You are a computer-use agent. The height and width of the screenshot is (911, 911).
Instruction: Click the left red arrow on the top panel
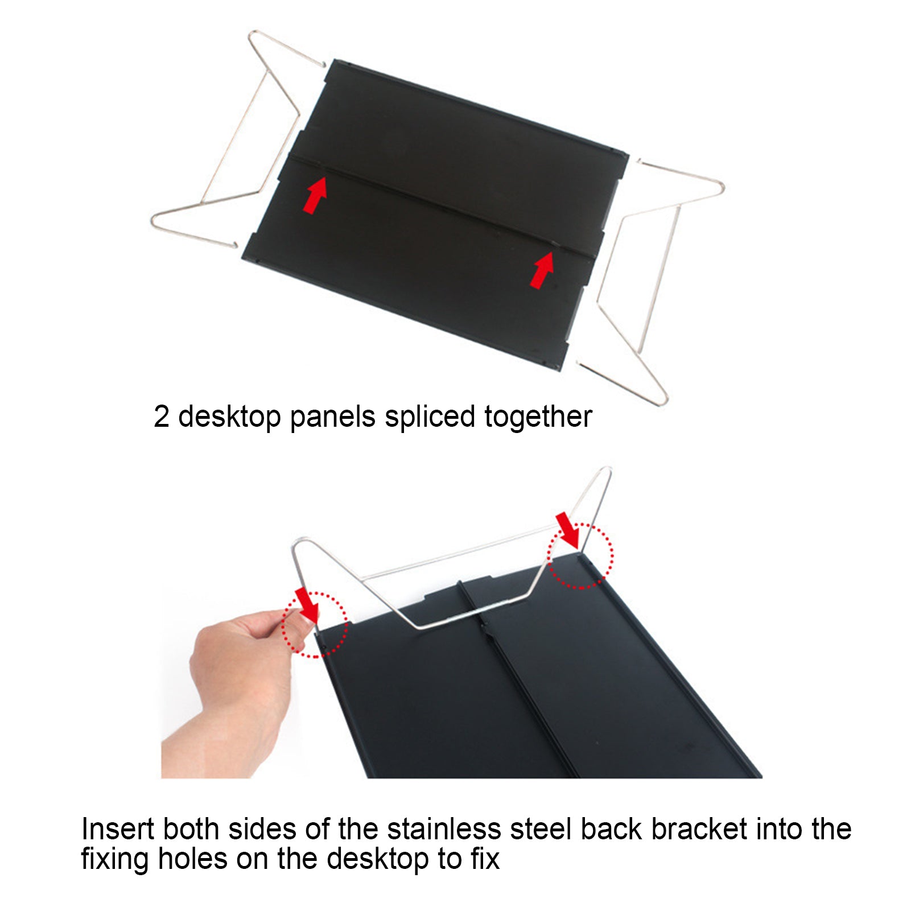point(315,195)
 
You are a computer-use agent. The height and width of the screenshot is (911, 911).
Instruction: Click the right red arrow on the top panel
point(542,270)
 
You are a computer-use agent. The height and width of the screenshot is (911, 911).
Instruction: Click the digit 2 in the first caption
point(161,417)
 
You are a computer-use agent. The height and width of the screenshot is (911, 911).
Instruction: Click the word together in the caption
point(538,417)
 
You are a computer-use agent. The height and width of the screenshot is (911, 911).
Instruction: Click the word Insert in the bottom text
point(118,829)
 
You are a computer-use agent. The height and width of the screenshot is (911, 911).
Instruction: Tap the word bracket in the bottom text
point(699,829)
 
